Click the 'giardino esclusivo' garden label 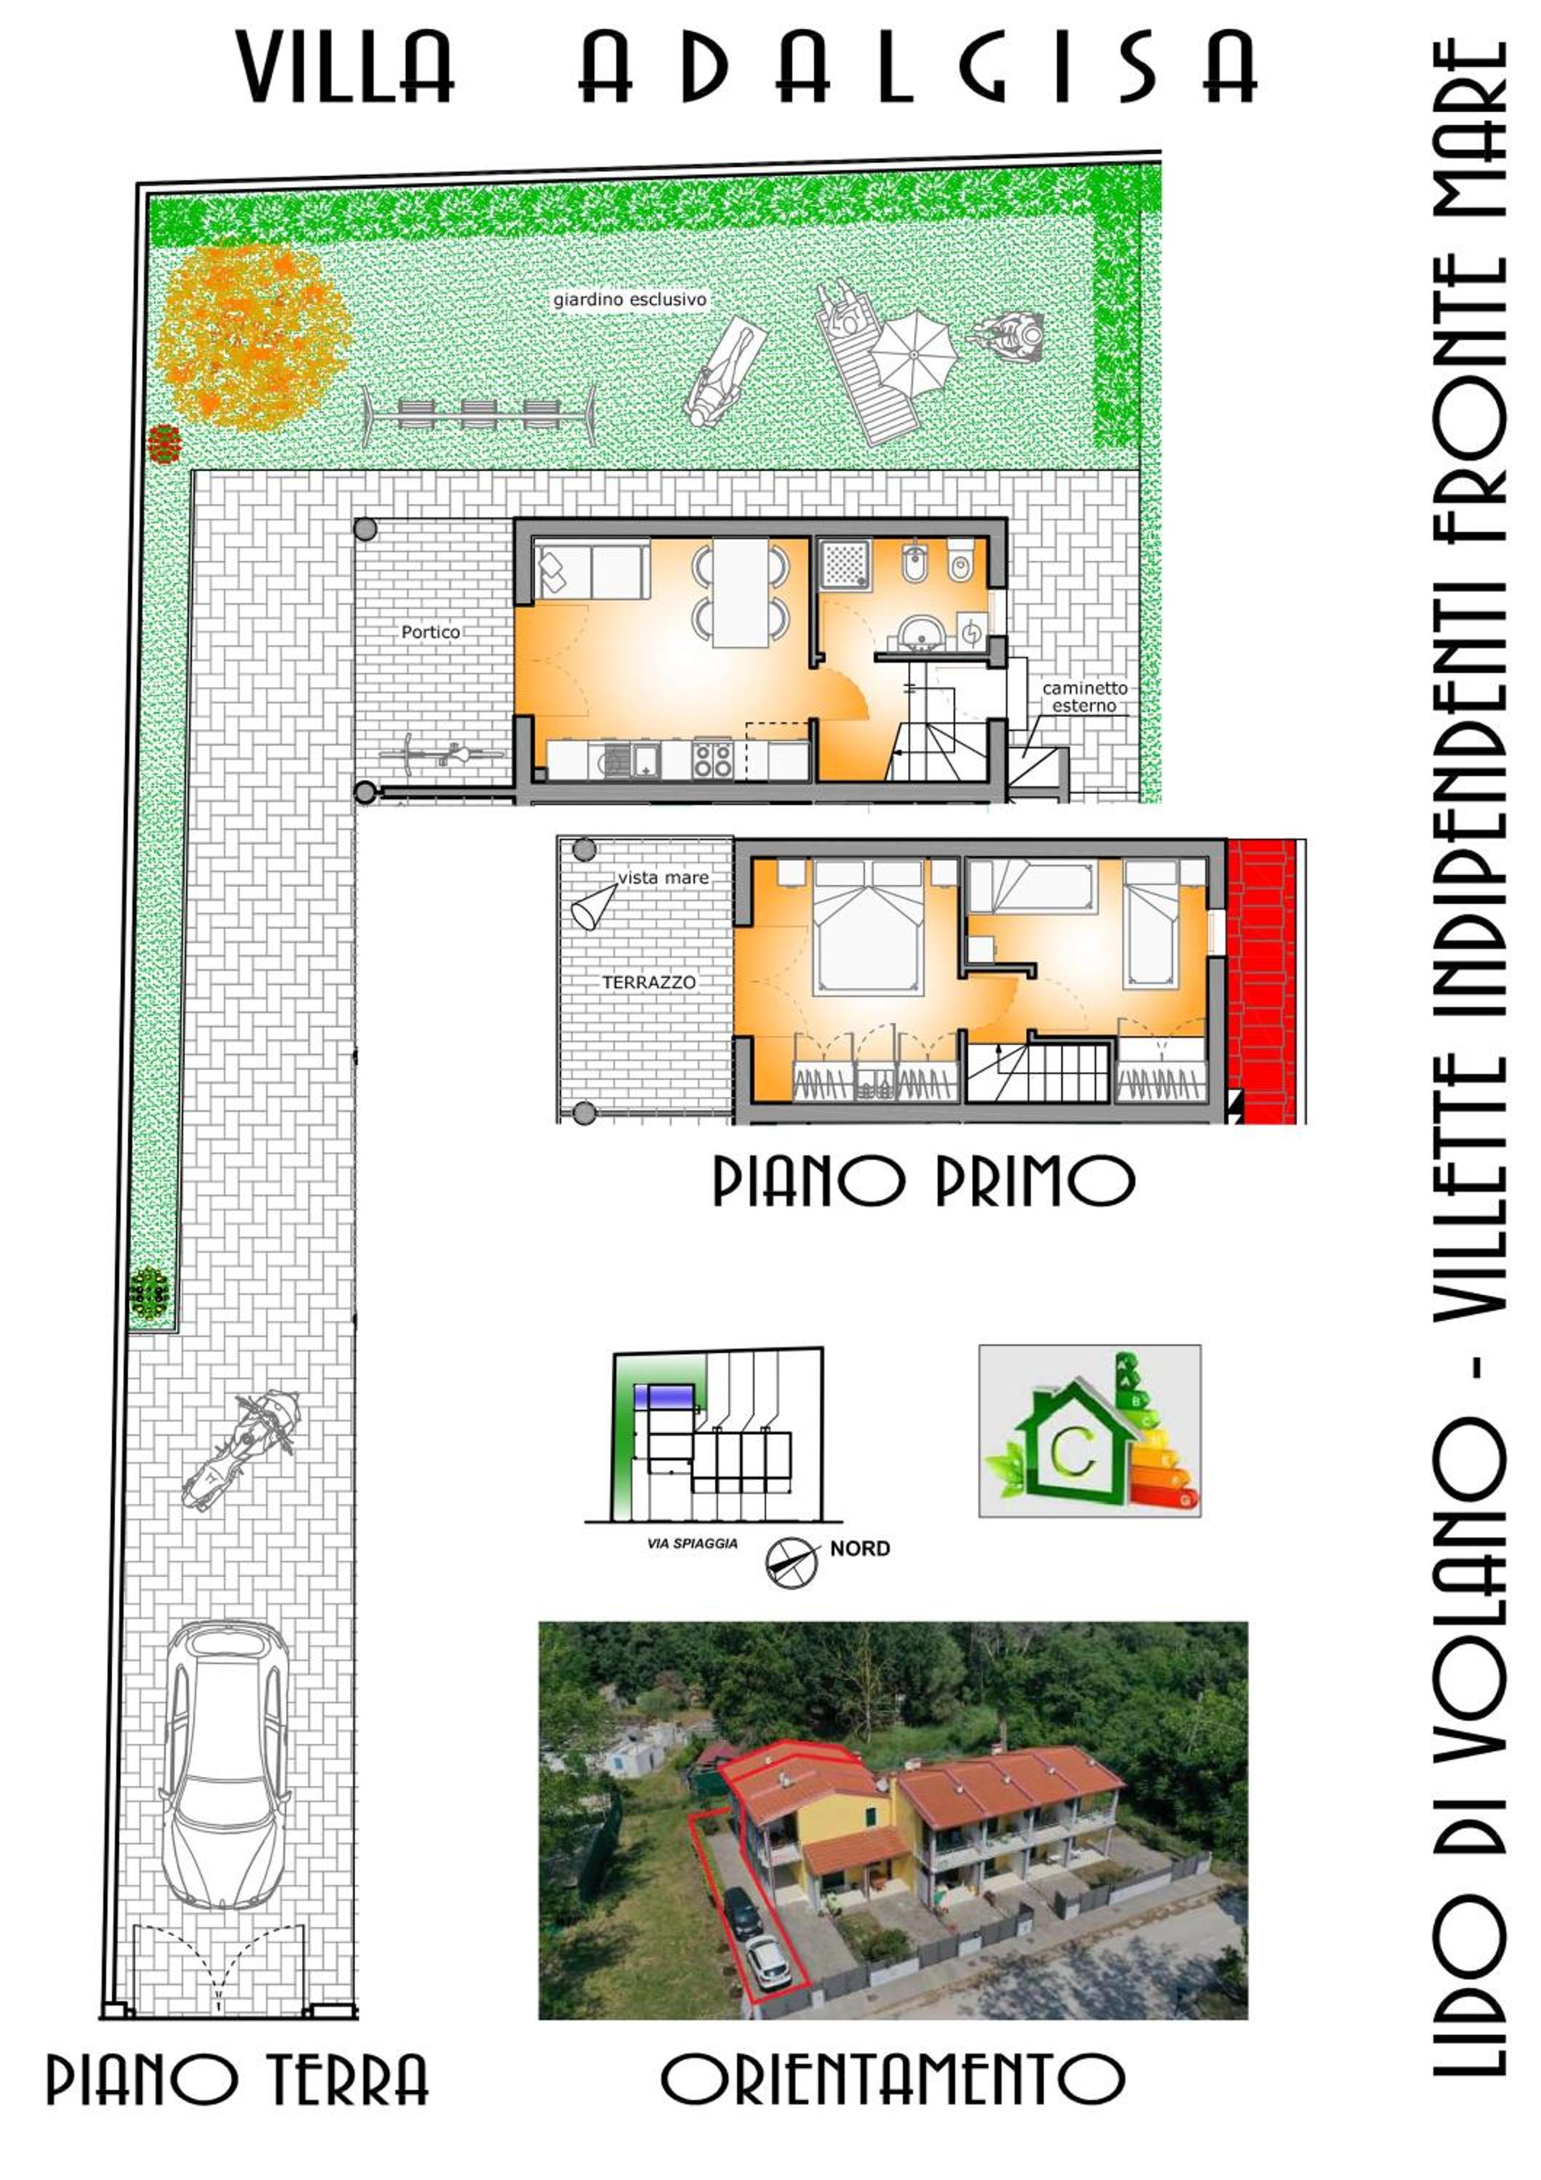(629, 300)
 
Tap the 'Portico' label (430, 631)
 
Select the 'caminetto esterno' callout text (1085, 696)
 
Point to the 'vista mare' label (663, 877)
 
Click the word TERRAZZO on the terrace (648, 982)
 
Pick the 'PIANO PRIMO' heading (923, 1181)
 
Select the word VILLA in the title (345, 66)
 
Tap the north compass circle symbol (791, 1562)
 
